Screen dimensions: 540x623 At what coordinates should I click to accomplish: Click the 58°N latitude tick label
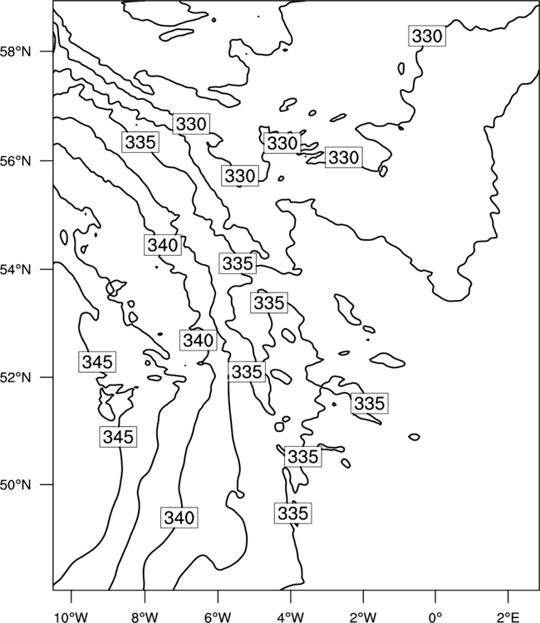click(x=16, y=52)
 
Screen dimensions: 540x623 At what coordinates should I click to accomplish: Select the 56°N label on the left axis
click(x=16, y=161)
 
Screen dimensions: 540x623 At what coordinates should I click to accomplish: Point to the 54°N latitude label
click(x=16, y=270)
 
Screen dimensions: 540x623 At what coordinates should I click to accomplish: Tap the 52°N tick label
click(x=16, y=377)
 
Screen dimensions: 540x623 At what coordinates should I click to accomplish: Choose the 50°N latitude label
click(x=16, y=485)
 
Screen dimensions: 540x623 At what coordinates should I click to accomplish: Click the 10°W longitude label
click(x=71, y=617)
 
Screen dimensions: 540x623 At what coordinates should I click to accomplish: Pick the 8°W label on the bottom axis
click(x=145, y=617)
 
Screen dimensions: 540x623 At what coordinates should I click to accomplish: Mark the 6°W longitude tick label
click(x=218, y=617)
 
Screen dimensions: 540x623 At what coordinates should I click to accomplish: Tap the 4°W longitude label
click(x=291, y=617)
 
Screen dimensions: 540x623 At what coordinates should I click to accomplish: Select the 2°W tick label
click(x=363, y=617)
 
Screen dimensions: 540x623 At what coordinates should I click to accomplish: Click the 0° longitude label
click(x=435, y=617)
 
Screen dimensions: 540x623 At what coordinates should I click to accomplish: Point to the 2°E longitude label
click(x=508, y=617)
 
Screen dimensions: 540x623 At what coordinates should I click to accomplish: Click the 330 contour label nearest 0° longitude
click(x=427, y=37)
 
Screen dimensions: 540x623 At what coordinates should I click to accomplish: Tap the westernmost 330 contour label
click(x=191, y=124)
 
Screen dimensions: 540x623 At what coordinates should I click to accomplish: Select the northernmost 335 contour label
click(x=140, y=142)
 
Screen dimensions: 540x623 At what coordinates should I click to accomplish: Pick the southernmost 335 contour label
click(x=293, y=513)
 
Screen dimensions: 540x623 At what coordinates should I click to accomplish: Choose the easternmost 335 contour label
click(x=370, y=403)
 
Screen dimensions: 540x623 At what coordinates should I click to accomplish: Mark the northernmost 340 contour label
click(x=163, y=245)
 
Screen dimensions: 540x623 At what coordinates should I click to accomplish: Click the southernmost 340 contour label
click(x=179, y=518)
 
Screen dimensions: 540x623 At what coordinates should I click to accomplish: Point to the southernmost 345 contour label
click(x=119, y=437)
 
